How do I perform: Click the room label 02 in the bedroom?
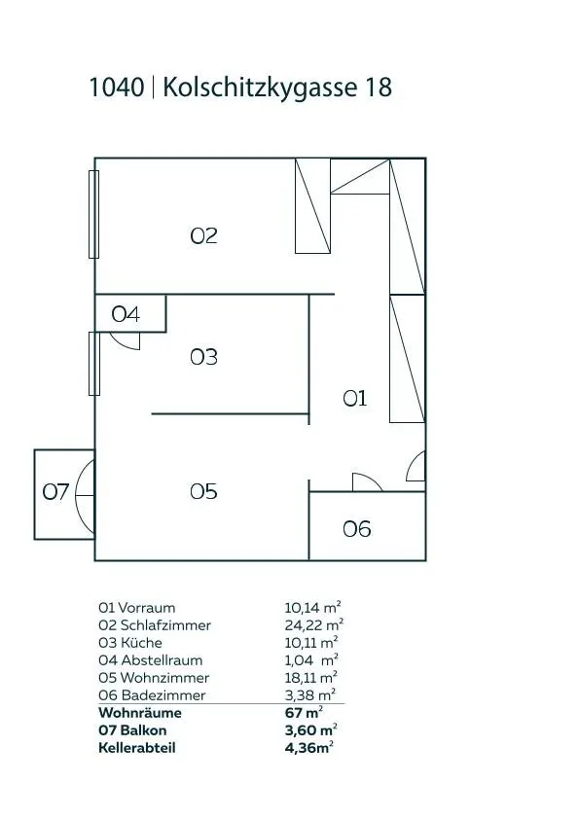tap(203, 235)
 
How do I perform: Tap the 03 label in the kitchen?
tap(203, 357)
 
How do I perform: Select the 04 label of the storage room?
tap(126, 314)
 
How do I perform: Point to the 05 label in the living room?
tap(203, 491)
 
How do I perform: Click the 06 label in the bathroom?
tap(357, 529)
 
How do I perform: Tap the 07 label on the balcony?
tap(55, 491)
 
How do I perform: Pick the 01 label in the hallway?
tap(355, 399)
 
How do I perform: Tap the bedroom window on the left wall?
tap(94, 214)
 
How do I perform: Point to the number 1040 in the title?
tap(117, 88)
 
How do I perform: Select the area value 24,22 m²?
tap(313, 625)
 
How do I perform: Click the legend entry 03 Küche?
tap(130, 643)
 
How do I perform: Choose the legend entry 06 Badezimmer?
tap(152, 695)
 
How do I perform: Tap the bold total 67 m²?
tap(304, 713)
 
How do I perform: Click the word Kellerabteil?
tap(137, 748)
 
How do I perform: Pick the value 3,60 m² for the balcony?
tap(310, 730)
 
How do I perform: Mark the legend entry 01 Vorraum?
tap(137, 608)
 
